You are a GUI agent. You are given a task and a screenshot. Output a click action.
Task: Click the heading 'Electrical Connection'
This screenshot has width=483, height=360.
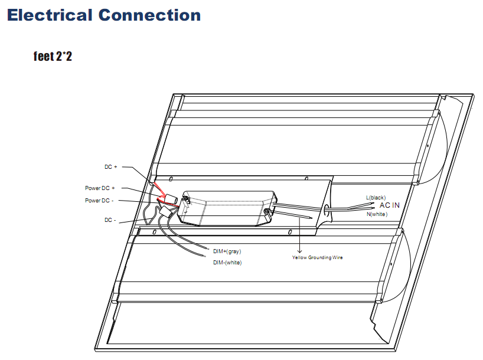pyautogui.click(x=104, y=15)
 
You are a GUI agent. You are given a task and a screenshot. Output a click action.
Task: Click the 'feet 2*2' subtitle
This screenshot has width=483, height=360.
pyautogui.click(x=53, y=57)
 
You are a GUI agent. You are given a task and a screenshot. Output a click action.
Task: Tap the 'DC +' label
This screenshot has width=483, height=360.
pyautogui.click(x=111, y=167)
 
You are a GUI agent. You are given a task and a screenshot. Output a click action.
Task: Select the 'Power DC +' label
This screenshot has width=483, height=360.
pyautogui.click(x=100, y=188)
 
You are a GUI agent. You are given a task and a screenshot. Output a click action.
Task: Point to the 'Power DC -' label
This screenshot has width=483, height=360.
pyautogui.click(x=100, y=201)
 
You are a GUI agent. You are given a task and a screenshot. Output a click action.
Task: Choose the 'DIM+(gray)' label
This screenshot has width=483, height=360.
pyautogui.click(x=227, y=251)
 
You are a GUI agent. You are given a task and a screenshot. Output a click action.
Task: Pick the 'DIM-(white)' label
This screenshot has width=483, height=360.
pyautogui.click(x=227, y=262)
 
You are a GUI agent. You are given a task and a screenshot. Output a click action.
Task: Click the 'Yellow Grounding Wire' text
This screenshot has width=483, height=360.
pyautogui.click(x=317, y=257)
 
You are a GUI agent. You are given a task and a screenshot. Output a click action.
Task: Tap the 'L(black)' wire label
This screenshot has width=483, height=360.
pyautogui.click(x=376, y=197)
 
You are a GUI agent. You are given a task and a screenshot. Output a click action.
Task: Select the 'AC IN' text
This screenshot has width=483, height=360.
pyautogui.click(x=389, y=205)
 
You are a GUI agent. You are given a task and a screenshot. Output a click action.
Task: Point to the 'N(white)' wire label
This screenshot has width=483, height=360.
pyautogui.click(x=377, y=214)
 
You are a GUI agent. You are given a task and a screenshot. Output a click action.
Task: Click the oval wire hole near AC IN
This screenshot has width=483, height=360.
pyautogui.click(x=325, y=209)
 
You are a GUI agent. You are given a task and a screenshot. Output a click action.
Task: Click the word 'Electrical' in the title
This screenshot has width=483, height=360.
pyautogui.click(x=50, y=15)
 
